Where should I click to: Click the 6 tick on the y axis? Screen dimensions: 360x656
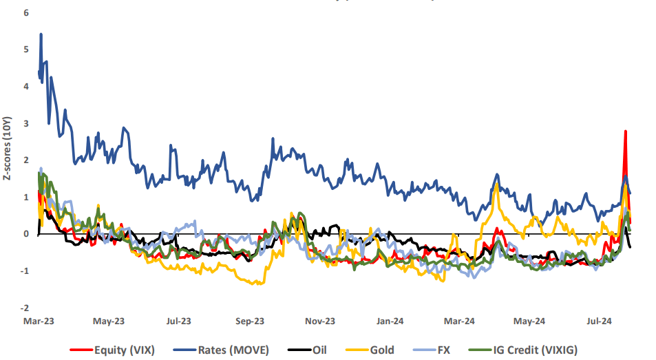tap(25, 12)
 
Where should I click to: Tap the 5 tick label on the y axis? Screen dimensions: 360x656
tap(25, 50)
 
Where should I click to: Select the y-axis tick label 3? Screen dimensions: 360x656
tap(25, 123)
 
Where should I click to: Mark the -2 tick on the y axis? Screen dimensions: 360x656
tap(24, 308)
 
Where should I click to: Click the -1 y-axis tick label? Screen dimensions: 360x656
tap(24, 271)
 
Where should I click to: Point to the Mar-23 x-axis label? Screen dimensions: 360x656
tap(39, 321)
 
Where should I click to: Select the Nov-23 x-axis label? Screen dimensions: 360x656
tap(319, 321)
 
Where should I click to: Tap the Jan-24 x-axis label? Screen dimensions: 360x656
tap(390, 321)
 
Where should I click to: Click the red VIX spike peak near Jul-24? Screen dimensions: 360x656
tap(625, 131)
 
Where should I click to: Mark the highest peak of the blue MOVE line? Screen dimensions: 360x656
tap(41, 34)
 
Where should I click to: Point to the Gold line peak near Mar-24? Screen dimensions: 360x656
tap(496, 183)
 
